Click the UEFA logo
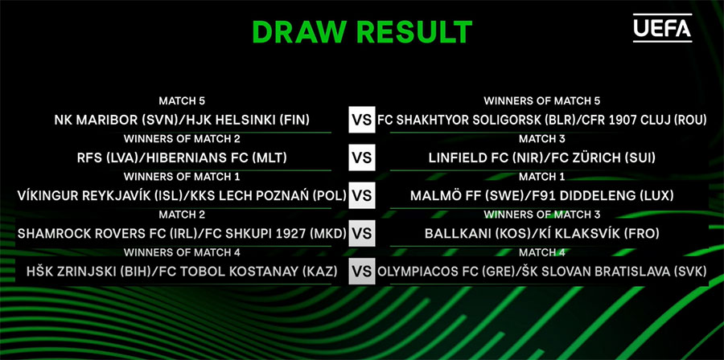[x=662, y=27]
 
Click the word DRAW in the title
[x=300, y=32]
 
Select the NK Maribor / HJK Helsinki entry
[x=182, y=120]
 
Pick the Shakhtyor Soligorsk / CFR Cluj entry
[x=541, y=120]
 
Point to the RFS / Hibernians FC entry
[x=182, y=157]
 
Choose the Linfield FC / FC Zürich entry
[x=541, y=157]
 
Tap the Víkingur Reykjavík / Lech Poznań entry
[x=182, y=196]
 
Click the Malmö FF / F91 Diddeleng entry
[x=541, y=196]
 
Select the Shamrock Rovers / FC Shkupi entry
[x=182, y=234]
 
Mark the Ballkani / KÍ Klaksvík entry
[x=541, y=234]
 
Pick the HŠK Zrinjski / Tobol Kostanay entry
[x=182, y=272]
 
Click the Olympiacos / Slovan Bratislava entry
[x=541, y=272]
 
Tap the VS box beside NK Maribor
[x=362, y=120]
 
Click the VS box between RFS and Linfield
[x=362, y=157]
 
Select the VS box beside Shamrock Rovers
[x=362, y=234]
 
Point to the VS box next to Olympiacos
[x=362, y=272]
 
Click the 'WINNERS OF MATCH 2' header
[x=182, y=138]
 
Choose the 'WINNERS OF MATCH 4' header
[x=182, y=252]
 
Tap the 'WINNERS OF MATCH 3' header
[x=541, y=215]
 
